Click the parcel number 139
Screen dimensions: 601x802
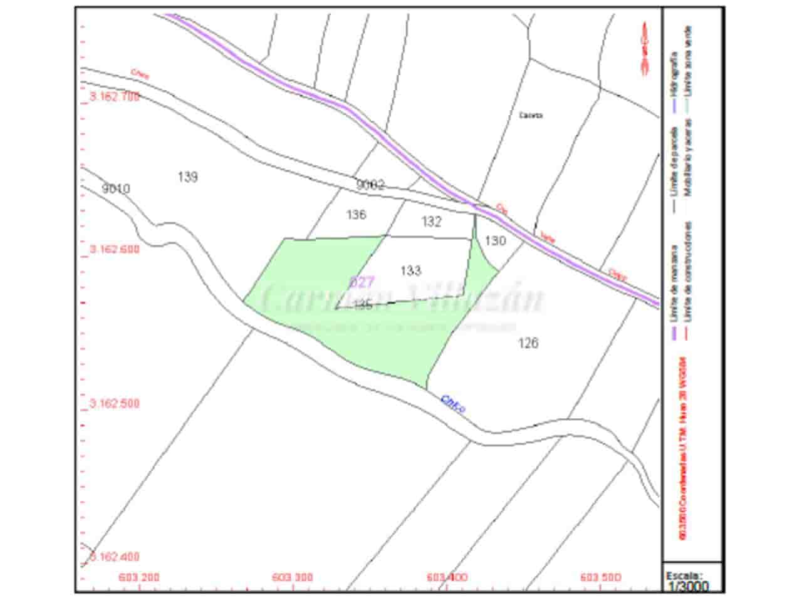click(187, 177)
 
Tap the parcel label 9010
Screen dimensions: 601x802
click(116, 188)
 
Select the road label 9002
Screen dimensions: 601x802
click(370, 185)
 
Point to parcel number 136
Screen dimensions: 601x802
click(356, 215)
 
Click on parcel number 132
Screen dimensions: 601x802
click(431, 222)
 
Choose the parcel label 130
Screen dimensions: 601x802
click(495, 240)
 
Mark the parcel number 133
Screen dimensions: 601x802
click(410, 270)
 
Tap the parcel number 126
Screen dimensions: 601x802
click(528, 343)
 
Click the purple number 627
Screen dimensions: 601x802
click(362, 282)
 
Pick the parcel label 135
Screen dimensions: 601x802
click(363, 305)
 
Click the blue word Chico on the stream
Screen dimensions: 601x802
click(452, 404)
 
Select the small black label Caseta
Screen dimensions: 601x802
click(531, 115)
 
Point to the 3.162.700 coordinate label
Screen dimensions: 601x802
click(115, 97)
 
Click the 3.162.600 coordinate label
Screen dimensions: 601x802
click(115, 249)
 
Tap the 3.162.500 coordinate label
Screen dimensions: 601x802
click(115, 404)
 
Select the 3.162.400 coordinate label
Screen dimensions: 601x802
click(115, 557)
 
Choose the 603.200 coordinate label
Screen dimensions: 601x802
click(139, 577)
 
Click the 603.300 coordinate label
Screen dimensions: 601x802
click(293, 577)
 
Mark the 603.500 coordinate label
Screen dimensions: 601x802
click(601, 577)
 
